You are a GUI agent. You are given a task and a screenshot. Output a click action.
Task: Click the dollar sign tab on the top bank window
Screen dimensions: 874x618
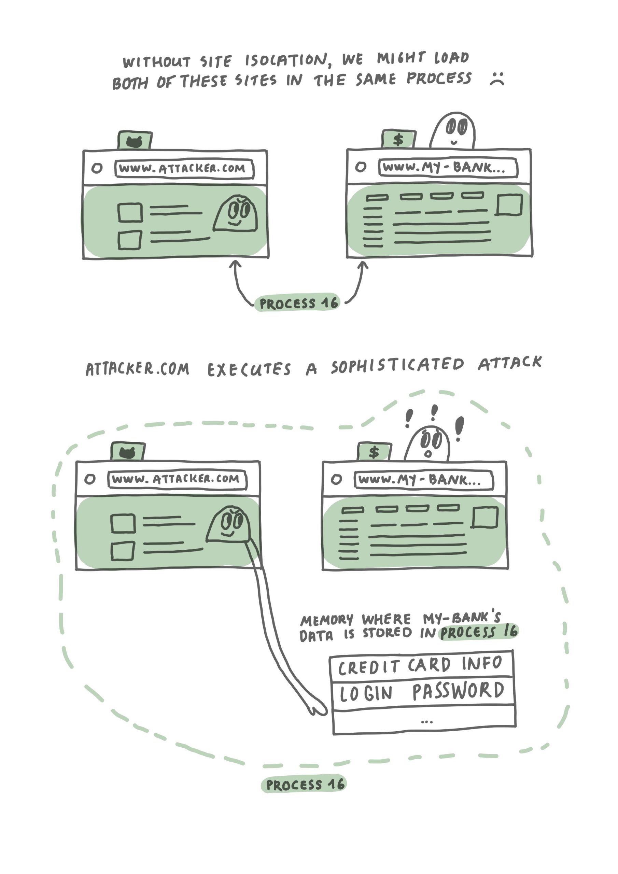[398, 139]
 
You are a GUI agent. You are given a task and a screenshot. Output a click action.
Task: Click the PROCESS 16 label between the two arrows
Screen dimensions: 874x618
[297, 304]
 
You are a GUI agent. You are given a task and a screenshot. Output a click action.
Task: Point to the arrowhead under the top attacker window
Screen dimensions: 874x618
[235, 264]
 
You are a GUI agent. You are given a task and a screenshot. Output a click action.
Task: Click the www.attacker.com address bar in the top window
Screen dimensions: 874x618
[184, 169]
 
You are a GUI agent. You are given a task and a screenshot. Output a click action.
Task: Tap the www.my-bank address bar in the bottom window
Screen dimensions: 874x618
[423, 480]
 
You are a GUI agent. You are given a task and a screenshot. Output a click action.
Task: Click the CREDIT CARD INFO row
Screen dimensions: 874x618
[421, 664]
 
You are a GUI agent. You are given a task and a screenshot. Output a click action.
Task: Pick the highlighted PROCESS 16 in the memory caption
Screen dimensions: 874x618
[479, 632]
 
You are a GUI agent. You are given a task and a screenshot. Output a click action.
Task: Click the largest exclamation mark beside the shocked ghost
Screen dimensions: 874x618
[460, 427]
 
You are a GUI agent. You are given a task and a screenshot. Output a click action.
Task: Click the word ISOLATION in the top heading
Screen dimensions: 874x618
[285, 60]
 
